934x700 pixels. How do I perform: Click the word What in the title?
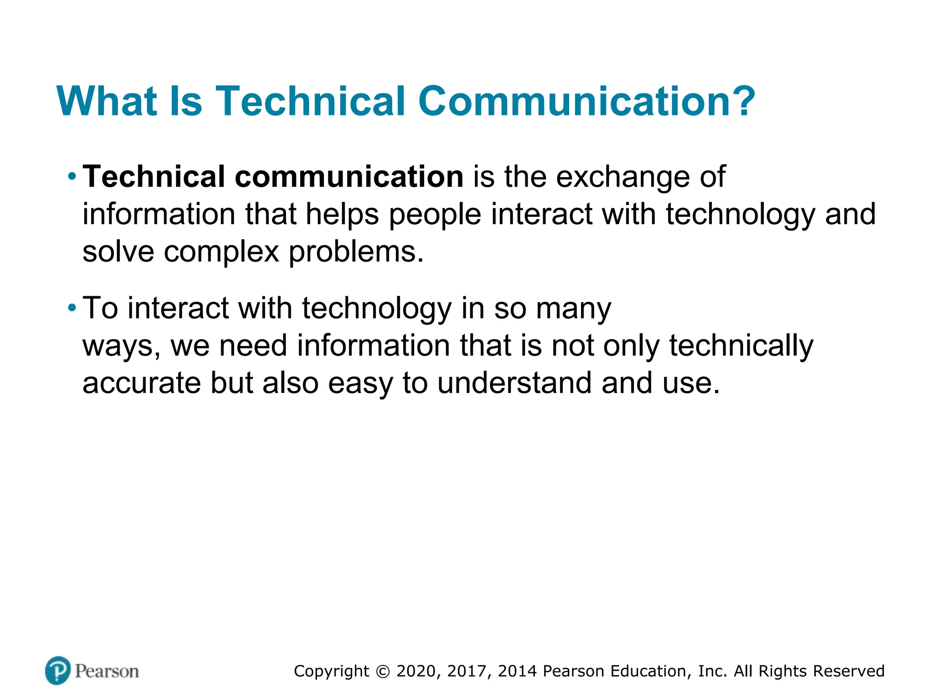point(108,101)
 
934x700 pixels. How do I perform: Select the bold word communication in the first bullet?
point(349,177)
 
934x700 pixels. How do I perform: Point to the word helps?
point(342,214)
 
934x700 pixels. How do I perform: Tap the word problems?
point(356,252)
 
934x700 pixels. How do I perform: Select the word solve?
point(118,252)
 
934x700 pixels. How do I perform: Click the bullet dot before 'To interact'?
point(72,308)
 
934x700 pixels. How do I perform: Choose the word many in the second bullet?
point(573,309)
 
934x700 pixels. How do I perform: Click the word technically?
point(741,346)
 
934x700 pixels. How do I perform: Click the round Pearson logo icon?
point(58,670)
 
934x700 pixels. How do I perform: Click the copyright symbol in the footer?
point(383,671)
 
